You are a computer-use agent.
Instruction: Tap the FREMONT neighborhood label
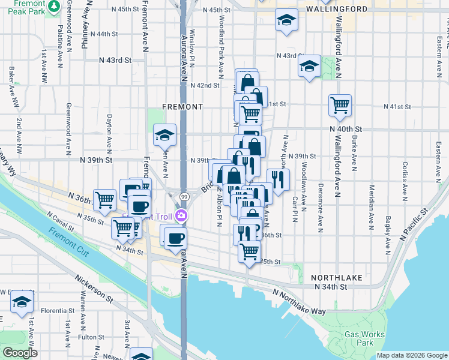(x=182, y=106)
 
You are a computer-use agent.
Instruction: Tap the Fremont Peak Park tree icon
(x=55, y=5)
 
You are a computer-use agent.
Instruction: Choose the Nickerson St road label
(x=92, y=287)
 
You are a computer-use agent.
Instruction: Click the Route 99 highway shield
(x=184, y=196)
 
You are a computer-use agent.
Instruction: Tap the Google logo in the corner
(x=20, y=353)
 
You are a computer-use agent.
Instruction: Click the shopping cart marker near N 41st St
(x=340, y=104)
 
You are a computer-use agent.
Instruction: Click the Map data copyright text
(x=411, y=355)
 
